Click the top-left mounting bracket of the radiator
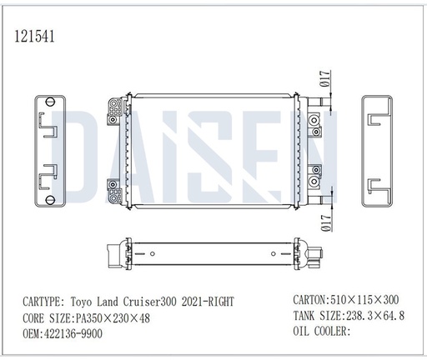coord(113,109)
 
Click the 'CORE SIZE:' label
coord(48,317)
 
